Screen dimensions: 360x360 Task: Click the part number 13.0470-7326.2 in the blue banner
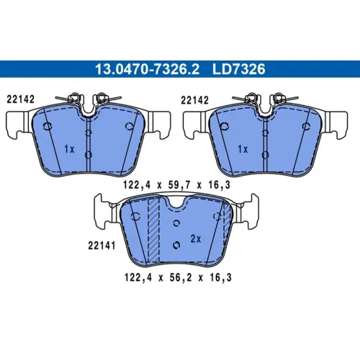pyautogui.click(x=147, y=69)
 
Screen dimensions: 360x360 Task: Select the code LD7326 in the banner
pyautogui.click(x=239, y=69)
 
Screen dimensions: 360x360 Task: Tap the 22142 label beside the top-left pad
pyautogui.click(x=21, y=99)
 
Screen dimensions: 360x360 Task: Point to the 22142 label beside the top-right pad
pyautogui.click(x=194, y=100)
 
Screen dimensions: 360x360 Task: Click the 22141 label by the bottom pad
pyautogui.click(x=102, y=246)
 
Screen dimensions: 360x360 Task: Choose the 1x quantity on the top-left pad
pyautogui.click(x=69, y=149)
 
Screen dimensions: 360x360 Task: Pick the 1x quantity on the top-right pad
pyautogui.click(x=243, y=149)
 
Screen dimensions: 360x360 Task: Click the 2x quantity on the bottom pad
pyautogui.click(x=196, y=239)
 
